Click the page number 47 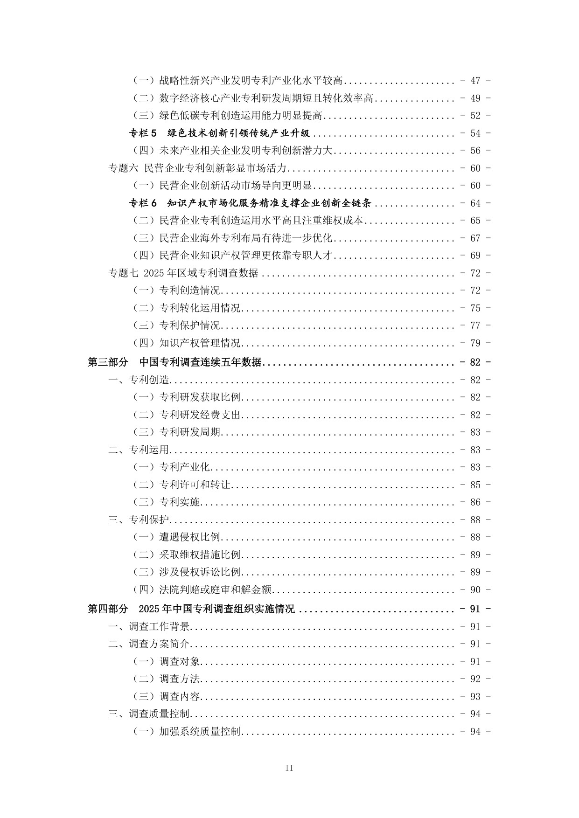(x=475, y=81)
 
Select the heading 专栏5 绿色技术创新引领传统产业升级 (x=219, y=133)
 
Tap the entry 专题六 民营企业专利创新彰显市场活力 (x=197, y=168)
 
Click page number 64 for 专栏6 (x=475, y=203)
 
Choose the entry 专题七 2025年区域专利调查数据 (x=183, y=273)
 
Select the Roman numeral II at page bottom (x=289, y=768)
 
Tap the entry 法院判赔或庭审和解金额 (x=215, y=590)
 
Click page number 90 (x=475, y=590)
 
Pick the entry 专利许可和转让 (x=195, y=485)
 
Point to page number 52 (x=475, y=116)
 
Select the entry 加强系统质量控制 (x=200, y=732)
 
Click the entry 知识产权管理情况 (x=200, y=343)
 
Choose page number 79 (x=475, y=343)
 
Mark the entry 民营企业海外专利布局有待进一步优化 (x=245, y=238)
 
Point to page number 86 (x=475, y=502)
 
